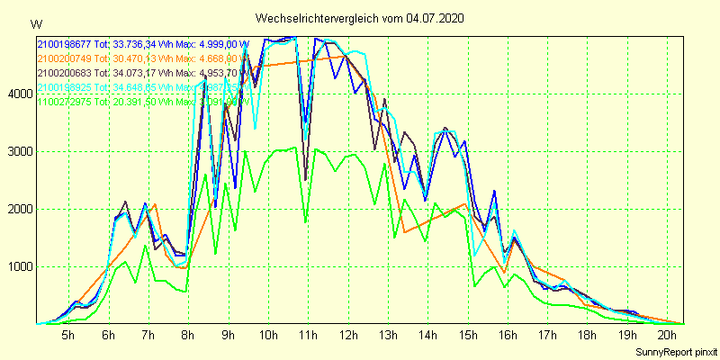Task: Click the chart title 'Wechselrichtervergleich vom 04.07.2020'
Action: pos(360,18)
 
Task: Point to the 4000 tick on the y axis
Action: pos(19,94)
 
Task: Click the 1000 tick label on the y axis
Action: pos(19,267)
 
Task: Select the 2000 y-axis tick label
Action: pos(19,210)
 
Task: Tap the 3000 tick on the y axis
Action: pos(19,151)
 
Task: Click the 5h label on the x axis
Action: pos(67,336)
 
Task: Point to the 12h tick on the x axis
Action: pos(347,336)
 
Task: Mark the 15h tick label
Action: pos(467,336)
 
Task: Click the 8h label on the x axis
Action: pos(187,336)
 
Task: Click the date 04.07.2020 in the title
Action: pos(436,18)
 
